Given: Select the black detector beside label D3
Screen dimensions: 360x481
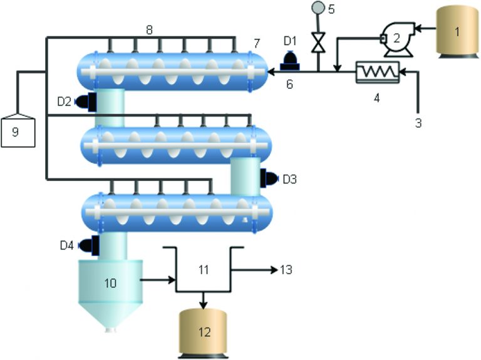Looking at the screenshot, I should point(270,179).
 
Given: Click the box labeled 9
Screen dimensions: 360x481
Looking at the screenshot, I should point(18,131).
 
